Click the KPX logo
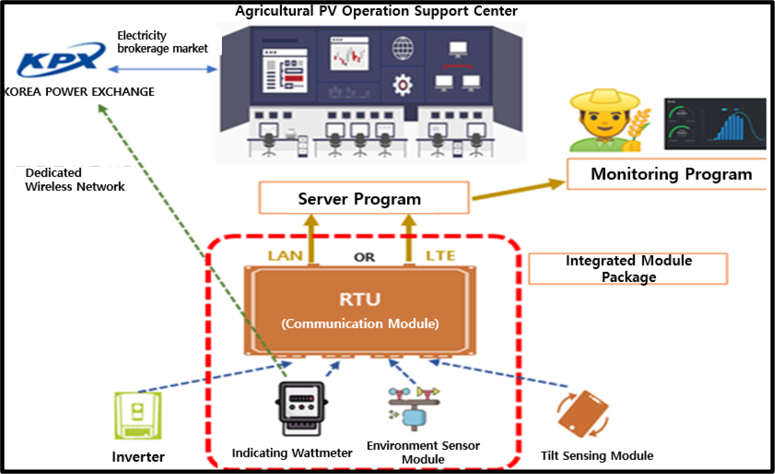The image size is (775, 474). point(61,59)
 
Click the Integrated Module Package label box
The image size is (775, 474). point(628,269)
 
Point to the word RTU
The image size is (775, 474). point(360,300)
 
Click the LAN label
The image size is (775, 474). point(285,256)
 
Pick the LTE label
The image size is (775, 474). point(440,256)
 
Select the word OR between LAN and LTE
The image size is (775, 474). point(364,257)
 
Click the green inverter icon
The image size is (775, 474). point(138,415)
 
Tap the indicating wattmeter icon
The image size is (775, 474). point(301,408)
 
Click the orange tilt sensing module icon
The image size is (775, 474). point(583,413)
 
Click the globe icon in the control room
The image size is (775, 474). point(403,49)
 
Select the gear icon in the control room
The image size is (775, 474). point(403,85)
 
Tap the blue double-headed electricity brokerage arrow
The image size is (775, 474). point(162,69)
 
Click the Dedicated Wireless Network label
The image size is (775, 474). point(75,180)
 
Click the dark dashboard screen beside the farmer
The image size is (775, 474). point(714,124)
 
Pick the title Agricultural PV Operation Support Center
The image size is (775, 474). point(376,11)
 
